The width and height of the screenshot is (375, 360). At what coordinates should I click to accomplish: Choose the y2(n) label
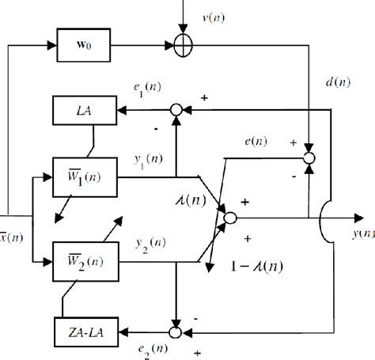point(143,241)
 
